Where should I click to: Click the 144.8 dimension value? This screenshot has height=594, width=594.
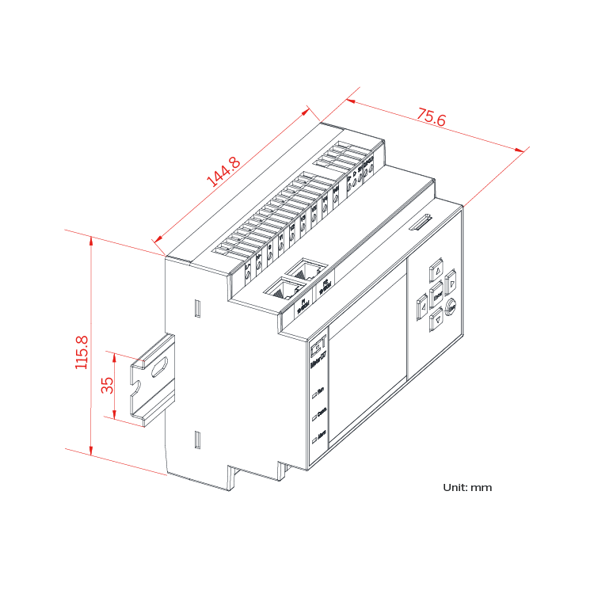tap(223, 172)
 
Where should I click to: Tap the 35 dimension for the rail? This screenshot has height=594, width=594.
tap(108, 385)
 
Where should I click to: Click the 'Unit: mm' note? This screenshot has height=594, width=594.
tap(467, 487)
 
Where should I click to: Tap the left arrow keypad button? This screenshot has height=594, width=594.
tap(422, 302)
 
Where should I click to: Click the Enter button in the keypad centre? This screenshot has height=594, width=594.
tap(436, 293)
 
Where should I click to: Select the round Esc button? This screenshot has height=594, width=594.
tap(451, 307)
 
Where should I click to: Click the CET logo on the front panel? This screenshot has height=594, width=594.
tap(317, 345)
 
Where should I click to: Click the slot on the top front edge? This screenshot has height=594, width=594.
tap(420, 224)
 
